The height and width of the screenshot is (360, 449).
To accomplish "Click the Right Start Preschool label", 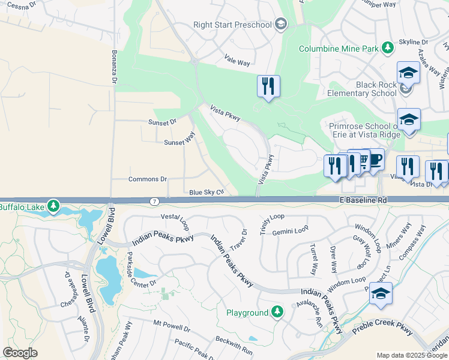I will pos(232,25).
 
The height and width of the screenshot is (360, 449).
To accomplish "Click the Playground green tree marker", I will pos(277,312).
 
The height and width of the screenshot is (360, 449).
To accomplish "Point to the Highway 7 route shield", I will pos(154,200).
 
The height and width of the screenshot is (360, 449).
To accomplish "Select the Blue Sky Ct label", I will pos(206,192).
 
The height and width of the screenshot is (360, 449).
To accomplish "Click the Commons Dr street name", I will pos(147,179).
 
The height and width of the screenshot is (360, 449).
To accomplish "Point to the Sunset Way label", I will pos(179,142).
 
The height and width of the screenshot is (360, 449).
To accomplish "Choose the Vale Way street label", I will pos(237,62).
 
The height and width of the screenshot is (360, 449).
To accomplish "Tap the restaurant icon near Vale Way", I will pos(268,86).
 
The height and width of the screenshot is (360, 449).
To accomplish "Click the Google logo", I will pos(20,353).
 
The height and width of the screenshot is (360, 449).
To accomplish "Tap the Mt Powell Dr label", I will pos(172,327).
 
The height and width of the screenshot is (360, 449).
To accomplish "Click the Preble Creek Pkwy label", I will pos(383,330).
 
